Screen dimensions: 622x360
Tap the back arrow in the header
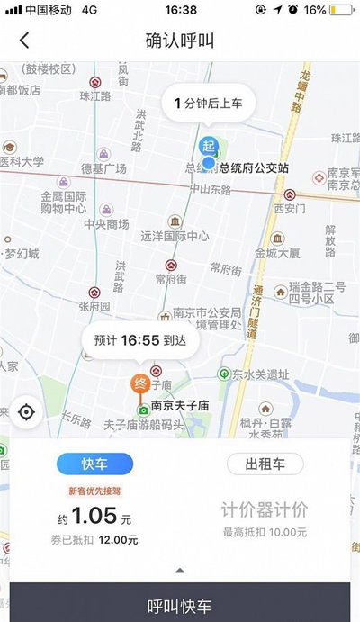tap(24, 41)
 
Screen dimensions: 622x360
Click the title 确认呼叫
tap(179, 41)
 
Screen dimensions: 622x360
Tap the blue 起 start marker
tap(209, 146)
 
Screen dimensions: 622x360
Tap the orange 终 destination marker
tap(139, 382)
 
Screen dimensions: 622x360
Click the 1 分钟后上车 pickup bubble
tap(208, 104)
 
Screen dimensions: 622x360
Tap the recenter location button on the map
tap(26, 412)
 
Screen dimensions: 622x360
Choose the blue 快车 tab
tap(94, 464)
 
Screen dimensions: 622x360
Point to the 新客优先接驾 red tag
tap(94, 491)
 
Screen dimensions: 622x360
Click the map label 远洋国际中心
tap(175, 237)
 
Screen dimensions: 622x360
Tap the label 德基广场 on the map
tap(103, 168)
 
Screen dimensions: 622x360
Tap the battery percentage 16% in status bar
tap(316, 10)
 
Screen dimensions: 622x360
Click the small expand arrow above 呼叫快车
tap(179, 570)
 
